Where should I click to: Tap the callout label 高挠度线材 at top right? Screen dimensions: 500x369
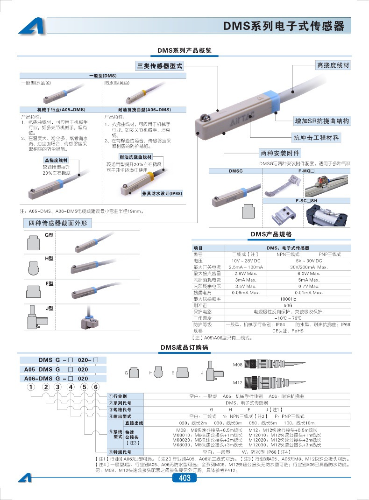(333, 65)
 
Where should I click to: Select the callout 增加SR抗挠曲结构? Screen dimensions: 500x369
(322, 121)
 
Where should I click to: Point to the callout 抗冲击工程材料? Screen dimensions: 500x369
(316, 138)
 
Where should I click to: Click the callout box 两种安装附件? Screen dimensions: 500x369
(280, 153)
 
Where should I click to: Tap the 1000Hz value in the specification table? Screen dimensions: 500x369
(287, 299)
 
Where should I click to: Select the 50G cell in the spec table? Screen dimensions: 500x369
(287, 305)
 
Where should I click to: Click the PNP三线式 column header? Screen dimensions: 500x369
(326, 254)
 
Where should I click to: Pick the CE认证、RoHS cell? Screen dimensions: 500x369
(287, 331)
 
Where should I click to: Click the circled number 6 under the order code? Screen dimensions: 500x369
(95, 387)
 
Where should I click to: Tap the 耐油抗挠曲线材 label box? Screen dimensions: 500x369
(136, 157)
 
